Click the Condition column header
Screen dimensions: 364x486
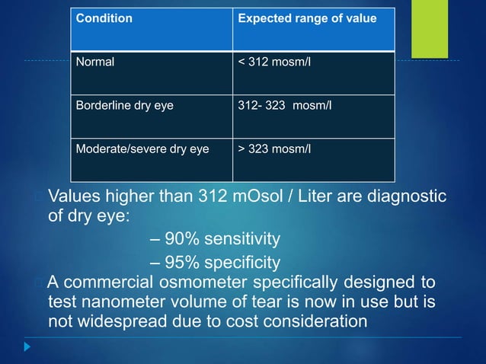point(104,18)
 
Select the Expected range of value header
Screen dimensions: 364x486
point(307,18)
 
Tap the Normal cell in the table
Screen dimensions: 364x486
point(94,62)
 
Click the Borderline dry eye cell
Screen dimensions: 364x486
point(124,105)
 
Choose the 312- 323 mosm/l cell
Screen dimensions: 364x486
point(285,105)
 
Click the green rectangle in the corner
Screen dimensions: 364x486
point(430,28)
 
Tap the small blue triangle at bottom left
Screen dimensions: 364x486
point(27,346)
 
